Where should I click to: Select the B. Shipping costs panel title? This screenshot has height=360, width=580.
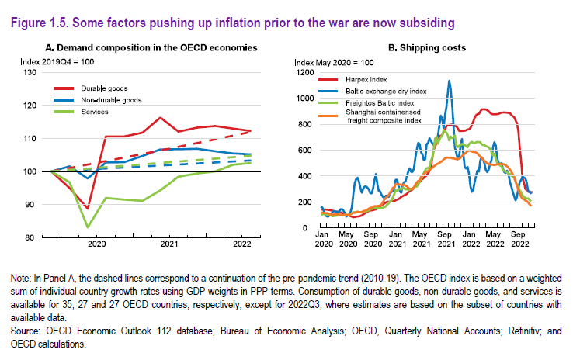(426, 47)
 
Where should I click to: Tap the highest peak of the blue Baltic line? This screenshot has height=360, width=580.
(449, 81)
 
